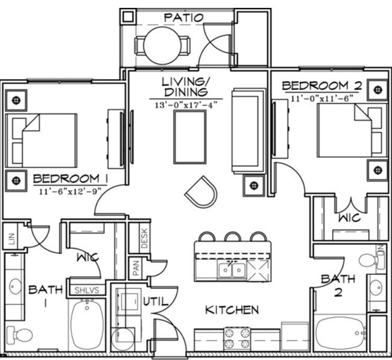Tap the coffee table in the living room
click(x=189, y=137)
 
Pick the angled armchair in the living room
click(x=200, y=192)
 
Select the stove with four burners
click(x=237, y=338)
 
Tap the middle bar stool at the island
click(x=232, y=237)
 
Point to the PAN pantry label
click(x=136, y=268)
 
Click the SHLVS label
click(x=87, y=290)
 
